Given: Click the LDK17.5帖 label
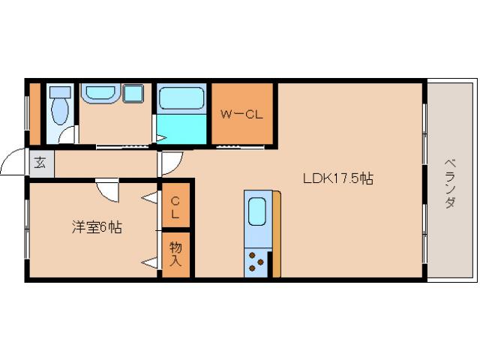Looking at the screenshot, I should click(x=338, y=178).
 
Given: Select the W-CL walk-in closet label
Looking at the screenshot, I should click(x=240, y=115).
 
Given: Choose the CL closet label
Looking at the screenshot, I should click(x=175, y=208).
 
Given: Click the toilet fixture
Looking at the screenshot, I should click(x=60, y=109).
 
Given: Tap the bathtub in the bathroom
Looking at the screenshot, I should click(x=182, y=99).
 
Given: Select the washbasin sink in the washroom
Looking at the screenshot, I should click(x=97, y=94).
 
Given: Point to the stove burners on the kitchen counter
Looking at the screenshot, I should click(x=256, y=262).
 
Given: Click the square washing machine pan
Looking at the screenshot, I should click(x=134, y=95).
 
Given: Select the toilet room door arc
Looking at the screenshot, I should click(x=67, y=135).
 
